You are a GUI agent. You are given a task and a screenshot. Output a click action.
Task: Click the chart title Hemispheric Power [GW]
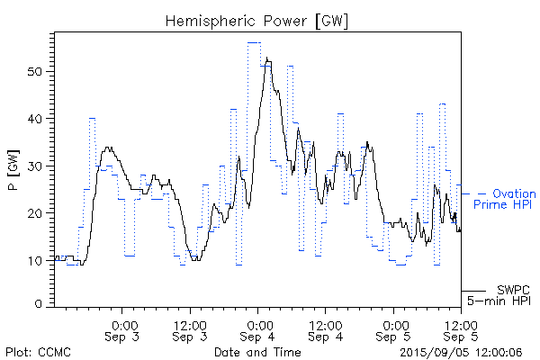(x=257, y=19)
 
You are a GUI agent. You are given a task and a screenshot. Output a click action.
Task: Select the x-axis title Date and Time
(x=257, y=352)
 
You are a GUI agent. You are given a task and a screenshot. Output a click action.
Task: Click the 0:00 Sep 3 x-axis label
(x=123, y=330)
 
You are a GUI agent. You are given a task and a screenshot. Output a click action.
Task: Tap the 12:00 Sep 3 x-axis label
(x=191, y=330)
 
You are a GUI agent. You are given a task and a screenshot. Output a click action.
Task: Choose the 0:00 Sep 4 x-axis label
(x=258, y=330)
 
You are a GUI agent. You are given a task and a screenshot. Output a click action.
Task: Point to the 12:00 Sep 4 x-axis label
(x=326, y=330)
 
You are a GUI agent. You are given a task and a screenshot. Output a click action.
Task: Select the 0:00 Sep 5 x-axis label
(x=393, y=330)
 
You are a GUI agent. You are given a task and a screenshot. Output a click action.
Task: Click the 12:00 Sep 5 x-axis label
(x=461, y=330)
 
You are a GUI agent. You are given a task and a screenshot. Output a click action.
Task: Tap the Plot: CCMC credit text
(x=38, y=352)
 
